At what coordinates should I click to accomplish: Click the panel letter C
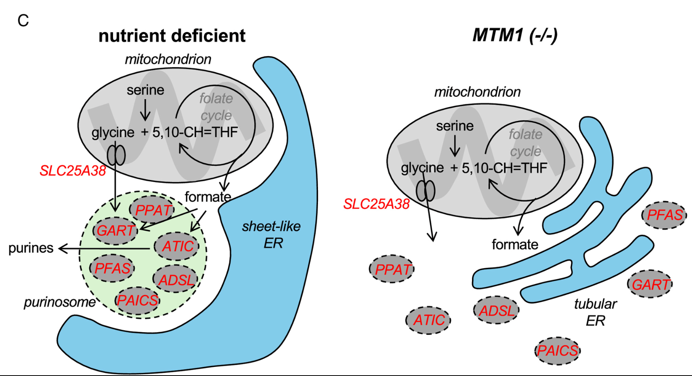point(23,21)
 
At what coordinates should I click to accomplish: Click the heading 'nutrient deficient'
point(172,36)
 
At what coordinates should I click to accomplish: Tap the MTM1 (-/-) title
point(515,35)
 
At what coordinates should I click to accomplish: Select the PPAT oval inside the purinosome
point(152,210)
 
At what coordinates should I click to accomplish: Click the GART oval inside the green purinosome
point(115,230)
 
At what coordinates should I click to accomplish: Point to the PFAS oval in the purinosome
point(112,269)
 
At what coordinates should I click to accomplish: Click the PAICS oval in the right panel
point(557,350)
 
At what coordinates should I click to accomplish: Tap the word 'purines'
point(31,248)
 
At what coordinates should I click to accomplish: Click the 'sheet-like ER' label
point(272,235)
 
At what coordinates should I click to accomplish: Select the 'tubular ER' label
point(595,312)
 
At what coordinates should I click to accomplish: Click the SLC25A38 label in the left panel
point(73,171)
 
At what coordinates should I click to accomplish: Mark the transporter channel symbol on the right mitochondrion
point(425,191)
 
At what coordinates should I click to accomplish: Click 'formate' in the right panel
point(515,244)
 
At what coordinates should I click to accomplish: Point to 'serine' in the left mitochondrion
point(145,90)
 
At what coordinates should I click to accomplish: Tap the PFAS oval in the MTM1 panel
point(665,215)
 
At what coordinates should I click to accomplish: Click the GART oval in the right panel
point(650,284)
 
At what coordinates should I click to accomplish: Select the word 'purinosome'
point(60,302)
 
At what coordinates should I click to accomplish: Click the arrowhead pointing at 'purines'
point(62,248)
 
